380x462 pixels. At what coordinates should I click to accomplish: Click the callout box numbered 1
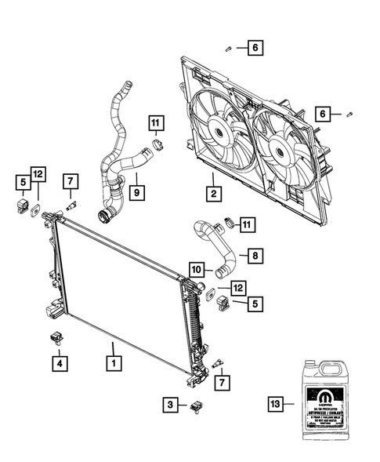[x=114, y=364]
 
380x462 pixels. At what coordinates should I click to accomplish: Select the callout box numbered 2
[x=212, y=191]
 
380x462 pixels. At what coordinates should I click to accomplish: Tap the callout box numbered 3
[x=169, y=406]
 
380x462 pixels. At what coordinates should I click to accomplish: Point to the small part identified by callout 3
[x=196, y=406]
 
